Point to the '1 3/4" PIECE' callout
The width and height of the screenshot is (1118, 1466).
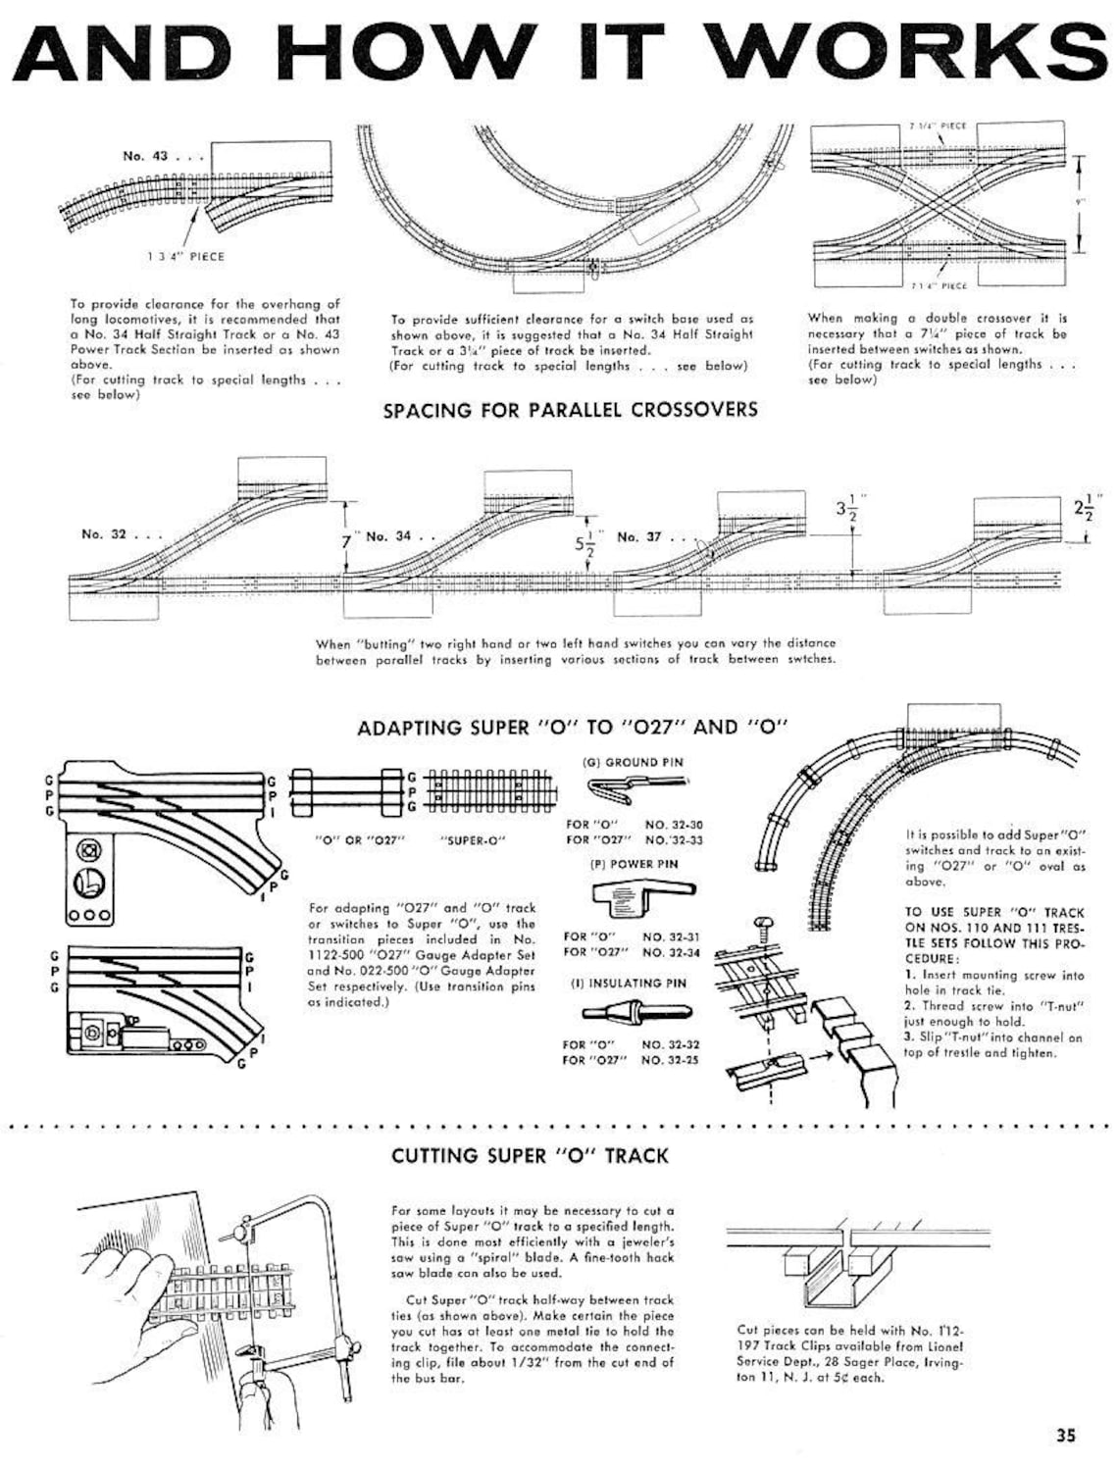[185, 256]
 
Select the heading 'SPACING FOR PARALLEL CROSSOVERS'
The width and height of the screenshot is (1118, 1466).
[570, 409]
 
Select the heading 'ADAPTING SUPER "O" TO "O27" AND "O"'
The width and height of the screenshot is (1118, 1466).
[573, 727]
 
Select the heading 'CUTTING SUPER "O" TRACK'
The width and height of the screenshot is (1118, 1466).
[530, 1155]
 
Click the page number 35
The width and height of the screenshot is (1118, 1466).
[1066, 1435]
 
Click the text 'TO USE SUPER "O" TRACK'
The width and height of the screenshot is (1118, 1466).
[994, 912]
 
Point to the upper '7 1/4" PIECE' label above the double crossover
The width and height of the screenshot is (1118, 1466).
[939, 126]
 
